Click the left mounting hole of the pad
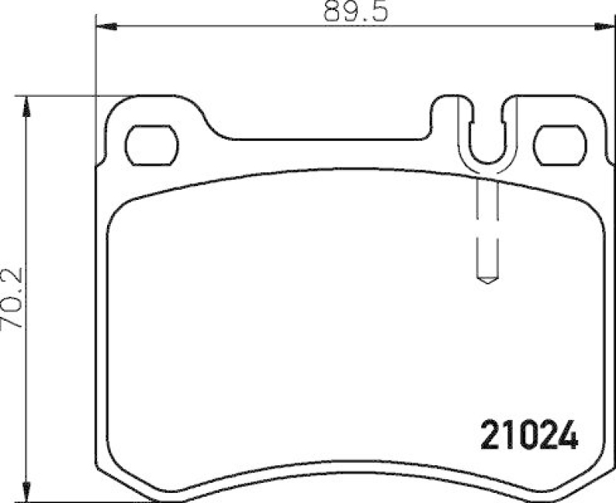152,145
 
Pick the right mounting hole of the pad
560,145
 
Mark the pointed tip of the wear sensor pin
487,281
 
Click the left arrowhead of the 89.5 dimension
100,28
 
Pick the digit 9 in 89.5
332,12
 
